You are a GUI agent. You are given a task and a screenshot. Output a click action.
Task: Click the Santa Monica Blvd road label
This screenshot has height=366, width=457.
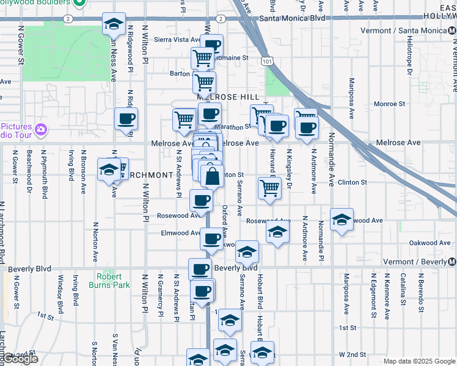tap(291, 18)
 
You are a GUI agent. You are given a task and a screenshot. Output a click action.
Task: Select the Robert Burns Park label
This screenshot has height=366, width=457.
tap(113, 281)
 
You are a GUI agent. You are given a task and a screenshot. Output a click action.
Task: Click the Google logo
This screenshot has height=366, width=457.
tap(20, 359)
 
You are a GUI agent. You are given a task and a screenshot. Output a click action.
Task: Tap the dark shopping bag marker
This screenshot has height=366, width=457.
tap(212, 178)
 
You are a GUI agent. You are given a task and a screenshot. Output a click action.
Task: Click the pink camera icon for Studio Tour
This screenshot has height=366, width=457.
tap(41, 129)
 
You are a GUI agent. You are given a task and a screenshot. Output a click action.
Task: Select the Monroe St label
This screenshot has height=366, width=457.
tap(386, 104)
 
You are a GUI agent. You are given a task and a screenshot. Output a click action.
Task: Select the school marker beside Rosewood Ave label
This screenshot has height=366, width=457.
tap(342, 220)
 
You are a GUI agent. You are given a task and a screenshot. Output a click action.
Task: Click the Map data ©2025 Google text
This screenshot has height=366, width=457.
tap(419, 361)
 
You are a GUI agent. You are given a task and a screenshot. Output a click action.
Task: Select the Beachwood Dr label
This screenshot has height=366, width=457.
tap(29, 165)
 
